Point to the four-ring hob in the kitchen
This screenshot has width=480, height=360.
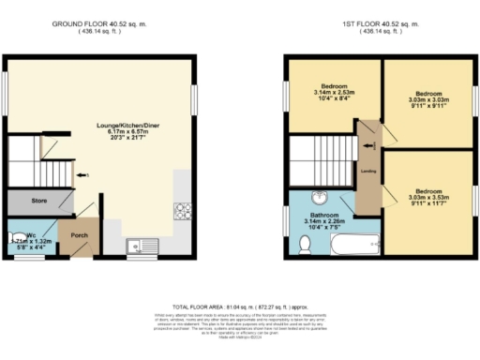(x=181, y=212)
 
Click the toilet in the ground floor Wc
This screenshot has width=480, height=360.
(x=16, y=238)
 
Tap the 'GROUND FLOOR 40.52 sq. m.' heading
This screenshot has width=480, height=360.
(x=100, y=22)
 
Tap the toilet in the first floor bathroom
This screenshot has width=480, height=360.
(x=305, y=245)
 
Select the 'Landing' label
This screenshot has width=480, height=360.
(x=369, y=170)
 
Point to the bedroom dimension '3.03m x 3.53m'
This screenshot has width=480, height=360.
(x=429, y=198)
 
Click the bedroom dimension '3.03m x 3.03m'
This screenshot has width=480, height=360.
(x=429, y=101)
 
